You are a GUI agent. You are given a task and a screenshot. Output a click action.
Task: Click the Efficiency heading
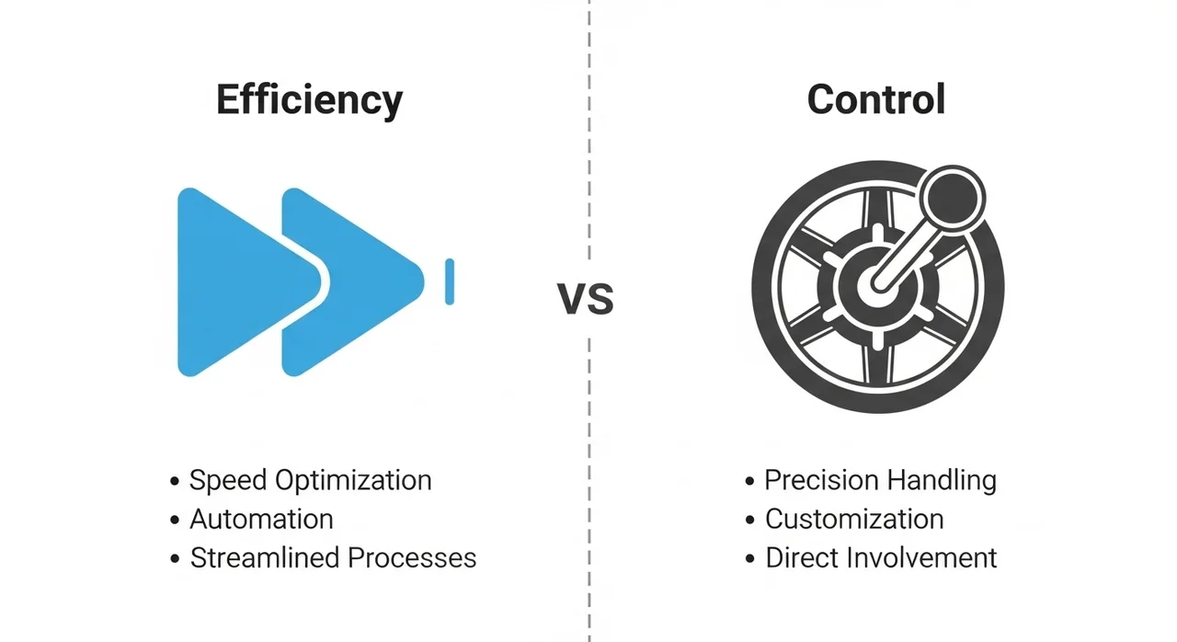pyautogui.click(x=310, y=101)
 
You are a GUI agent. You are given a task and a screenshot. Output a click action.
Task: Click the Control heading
pyautogui.click(x=876, y=98)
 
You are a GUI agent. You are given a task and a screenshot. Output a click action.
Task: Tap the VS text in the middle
pyautogui.click(x=586, y=299)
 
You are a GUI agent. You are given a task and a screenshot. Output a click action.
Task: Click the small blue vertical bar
pyautogui.click(x=450, y=281)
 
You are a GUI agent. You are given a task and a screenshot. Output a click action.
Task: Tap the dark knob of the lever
pyautogui.click(x=952, y=198)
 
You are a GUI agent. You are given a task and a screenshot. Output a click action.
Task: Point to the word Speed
pyautogui.click(x=228, y=481)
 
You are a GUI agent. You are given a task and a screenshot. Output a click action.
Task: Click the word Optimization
pyautogui.click(x=353, y=481)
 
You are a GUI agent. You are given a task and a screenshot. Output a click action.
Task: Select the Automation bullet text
pyautogui.click(x=261, y=519)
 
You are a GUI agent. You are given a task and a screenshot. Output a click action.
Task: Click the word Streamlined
pyautogui.click(x=265, y=558)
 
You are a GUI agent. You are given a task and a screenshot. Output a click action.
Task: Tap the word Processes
pyautogui.click(x=412, y=558)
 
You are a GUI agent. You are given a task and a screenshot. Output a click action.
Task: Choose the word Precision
pyautogui.click(x=822, y=480)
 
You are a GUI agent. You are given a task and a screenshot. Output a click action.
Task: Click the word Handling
pyautogui.click(x=943, y=481)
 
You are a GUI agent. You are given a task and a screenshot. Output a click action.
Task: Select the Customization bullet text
pyautogui.click(x=854, y=519)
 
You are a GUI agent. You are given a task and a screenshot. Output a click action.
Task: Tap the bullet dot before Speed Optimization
pyautogui.click(x=175, y=481)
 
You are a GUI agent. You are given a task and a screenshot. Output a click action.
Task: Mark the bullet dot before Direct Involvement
pyautogui.click(x=749, y=558)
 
